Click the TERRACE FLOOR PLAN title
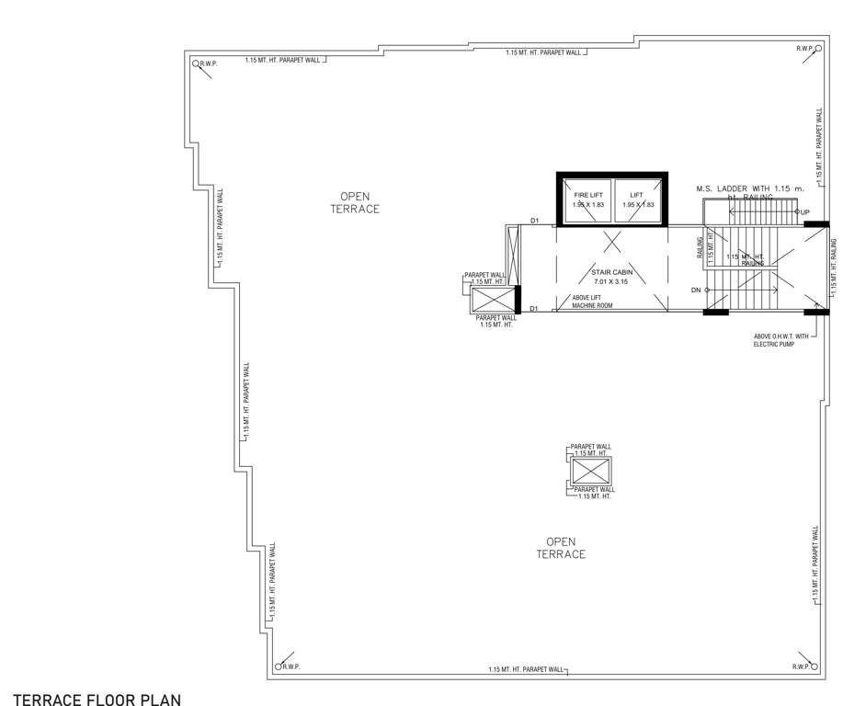tap(97, 699)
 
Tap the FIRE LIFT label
tap(587, 196)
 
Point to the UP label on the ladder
tap(804, 213)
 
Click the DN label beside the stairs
tap(697, 290)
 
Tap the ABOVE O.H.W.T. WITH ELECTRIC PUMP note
tap(780, 340)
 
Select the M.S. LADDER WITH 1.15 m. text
tap(749, 188)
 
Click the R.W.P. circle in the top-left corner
tap(196, 63)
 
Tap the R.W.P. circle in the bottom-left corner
tap(279, 666)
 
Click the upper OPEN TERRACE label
tap(355, 202)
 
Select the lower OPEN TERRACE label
tap(561, 548)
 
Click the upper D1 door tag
tap(534, 221)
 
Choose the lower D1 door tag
tap(534, 309)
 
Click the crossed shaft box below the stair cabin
tap(590, 471)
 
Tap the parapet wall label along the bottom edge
tap(527, 669)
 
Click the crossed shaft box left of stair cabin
tap(494, 301)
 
